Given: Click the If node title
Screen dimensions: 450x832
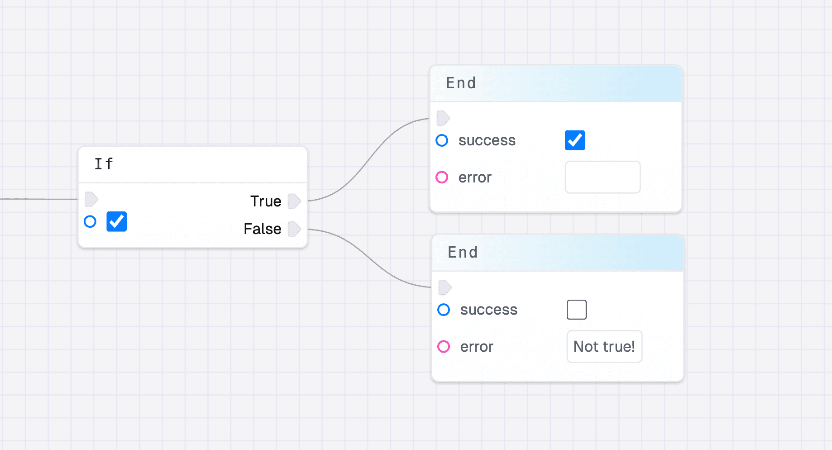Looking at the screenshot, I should (104, 164).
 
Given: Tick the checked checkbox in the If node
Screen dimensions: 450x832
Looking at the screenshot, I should (116, 222).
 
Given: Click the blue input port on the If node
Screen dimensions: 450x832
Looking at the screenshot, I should (90, 222).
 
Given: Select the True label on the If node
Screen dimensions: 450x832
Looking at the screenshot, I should (266, 201).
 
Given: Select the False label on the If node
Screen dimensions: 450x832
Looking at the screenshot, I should (263, 229).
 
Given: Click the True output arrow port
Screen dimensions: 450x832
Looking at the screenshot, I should (294, 201).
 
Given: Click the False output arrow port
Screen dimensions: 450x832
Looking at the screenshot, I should (294, 229).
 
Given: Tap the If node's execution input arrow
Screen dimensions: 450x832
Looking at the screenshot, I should (91, 199).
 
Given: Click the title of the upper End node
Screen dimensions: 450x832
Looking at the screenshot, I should (461, 83).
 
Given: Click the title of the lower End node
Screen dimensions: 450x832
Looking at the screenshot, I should (463, 253).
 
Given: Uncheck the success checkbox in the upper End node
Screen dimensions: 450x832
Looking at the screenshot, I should (575, 140).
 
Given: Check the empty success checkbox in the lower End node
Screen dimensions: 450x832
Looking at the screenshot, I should (577, 310).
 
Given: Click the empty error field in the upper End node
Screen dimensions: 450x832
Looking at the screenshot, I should (602, 177).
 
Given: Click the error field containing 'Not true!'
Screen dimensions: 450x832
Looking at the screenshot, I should (604, 347).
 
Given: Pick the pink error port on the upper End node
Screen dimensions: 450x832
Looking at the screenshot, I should (442, 177).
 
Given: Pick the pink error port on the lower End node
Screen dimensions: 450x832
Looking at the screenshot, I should (444, 347).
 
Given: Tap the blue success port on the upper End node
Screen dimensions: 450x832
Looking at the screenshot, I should (442, 140).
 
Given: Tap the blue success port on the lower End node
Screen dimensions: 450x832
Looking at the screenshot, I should (444, 310).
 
